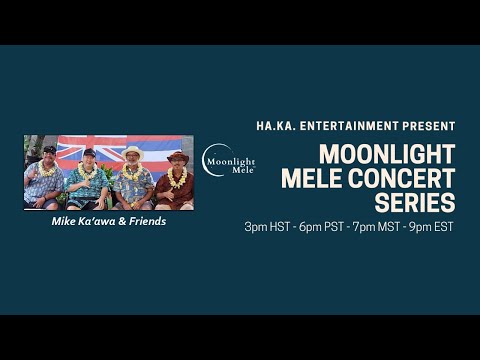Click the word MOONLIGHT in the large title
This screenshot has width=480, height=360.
pyautogui.click(x=385, y=155)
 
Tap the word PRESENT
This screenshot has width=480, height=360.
pyautogui.click(x=431, y=126)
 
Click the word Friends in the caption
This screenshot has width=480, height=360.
pyautogui.click(x=145, y=222)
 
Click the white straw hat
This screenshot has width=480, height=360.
pyautogui.click(x=133, y=151)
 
